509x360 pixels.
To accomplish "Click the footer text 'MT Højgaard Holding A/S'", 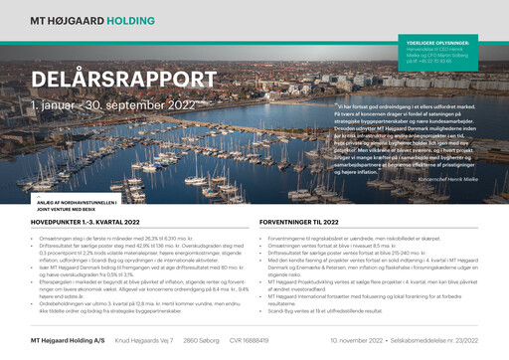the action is point(67,340).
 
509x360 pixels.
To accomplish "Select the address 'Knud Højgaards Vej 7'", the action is point(145,340).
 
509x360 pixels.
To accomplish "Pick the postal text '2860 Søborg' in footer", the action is point(202,340).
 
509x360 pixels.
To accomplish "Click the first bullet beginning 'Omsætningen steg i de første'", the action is point(140,239).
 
